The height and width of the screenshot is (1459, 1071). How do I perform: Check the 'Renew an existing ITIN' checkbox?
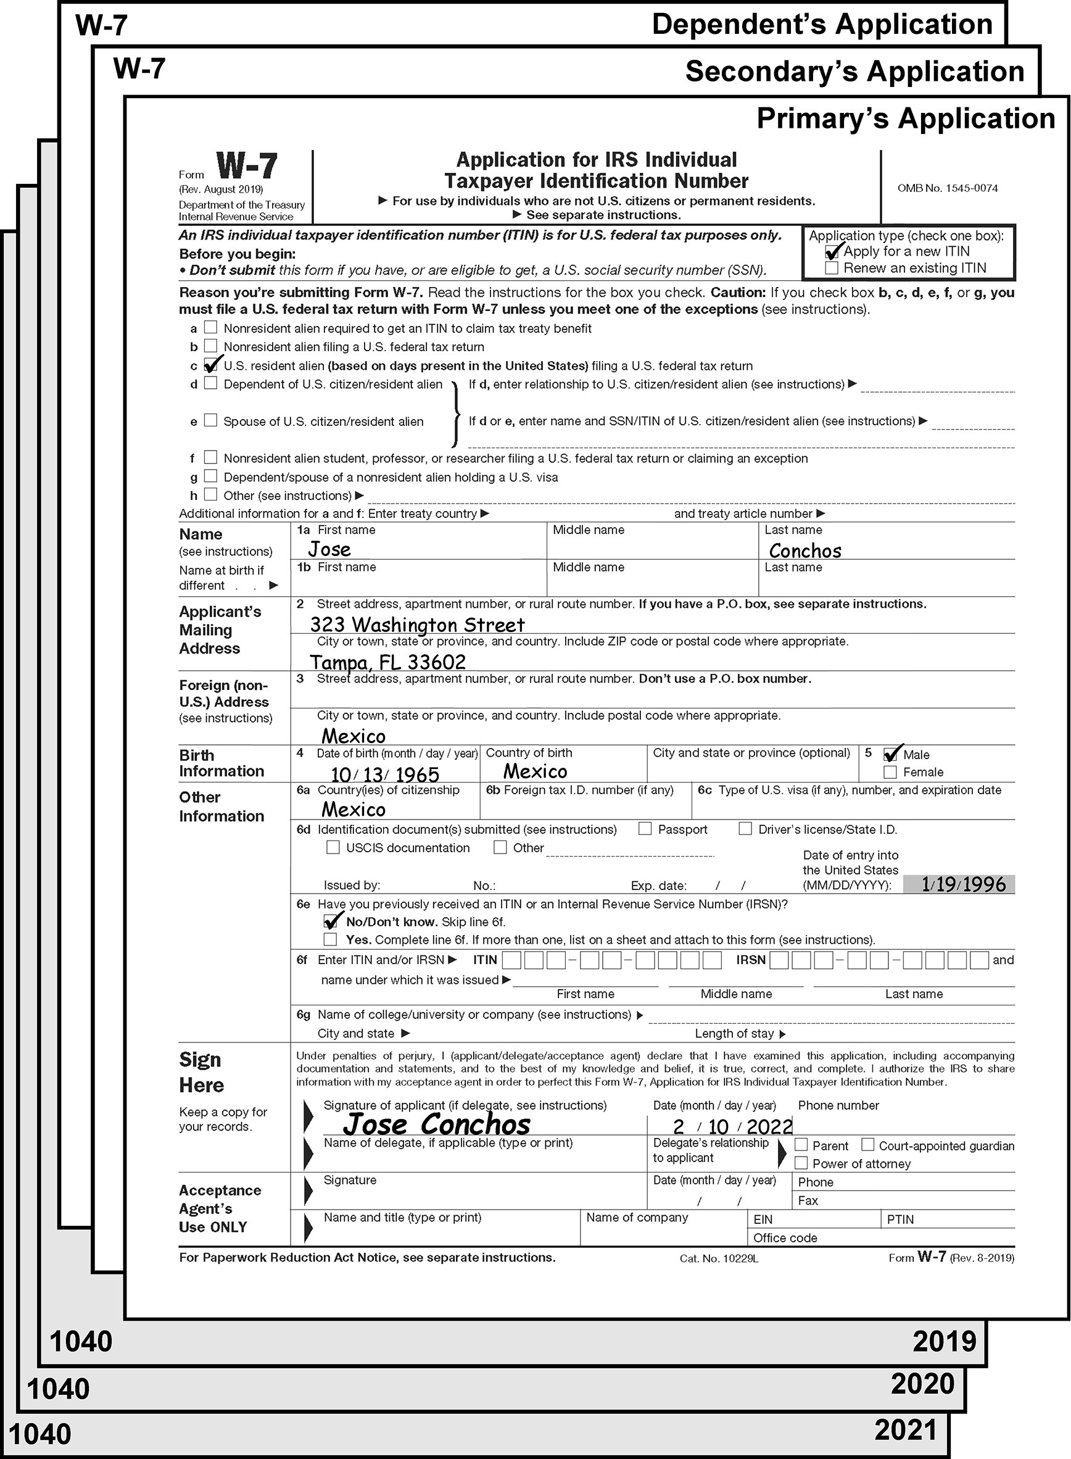pos(832,268)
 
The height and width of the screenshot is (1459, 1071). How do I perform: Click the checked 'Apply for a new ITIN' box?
pos(832,252)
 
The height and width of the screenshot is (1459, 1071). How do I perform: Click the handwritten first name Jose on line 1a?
pos(329,549)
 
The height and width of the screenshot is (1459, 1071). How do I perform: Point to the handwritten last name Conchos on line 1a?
pos(804,551)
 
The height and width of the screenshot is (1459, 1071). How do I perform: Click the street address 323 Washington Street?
pos(417,625)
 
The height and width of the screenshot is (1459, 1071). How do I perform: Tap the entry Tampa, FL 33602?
pos(387,662)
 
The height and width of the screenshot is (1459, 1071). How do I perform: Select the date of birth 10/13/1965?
pos(385,774)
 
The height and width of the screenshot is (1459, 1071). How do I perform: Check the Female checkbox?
pos(890,771)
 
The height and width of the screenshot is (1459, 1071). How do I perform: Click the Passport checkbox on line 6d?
pos(645,829)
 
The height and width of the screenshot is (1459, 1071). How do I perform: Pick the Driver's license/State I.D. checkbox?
pos(745,829)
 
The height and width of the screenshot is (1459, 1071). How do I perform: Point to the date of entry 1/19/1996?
pos(964,884)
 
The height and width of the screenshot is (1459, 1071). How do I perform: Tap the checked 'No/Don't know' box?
pos(331,921)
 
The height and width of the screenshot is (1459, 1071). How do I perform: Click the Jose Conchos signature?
pos(436,1124)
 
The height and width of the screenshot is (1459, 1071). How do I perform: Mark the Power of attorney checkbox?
pos(801,1163)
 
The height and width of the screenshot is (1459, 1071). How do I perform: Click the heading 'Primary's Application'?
pos(906,118)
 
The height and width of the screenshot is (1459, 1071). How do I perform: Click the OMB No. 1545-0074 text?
pos(947,188)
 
